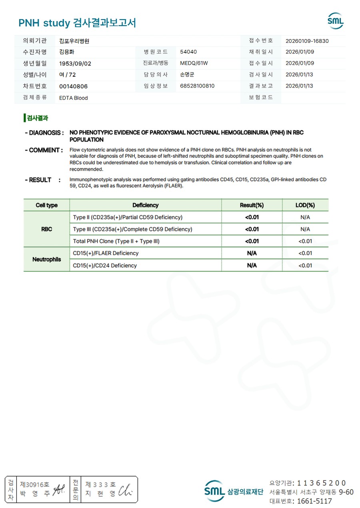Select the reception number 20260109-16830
tap(307, 41)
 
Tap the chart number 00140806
tap(73, 86)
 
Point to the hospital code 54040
tap(188, 52)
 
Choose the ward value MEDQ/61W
tap(194, 63)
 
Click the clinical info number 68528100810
tap(197, 86)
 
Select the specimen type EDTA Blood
tap(73, 98)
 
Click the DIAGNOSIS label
tap(44, 133)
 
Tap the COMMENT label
tap(44, 150)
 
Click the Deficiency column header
tap(145, 205)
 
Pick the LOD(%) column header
tap(305, 205)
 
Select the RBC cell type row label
tap(46, 229)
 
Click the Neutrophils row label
tap(46, 259)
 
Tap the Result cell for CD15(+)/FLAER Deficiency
tap(252, 253)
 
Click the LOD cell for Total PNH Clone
tap(305, 241)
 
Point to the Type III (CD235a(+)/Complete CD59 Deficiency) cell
tap(132, 229)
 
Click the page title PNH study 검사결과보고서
tap(77, 23)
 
